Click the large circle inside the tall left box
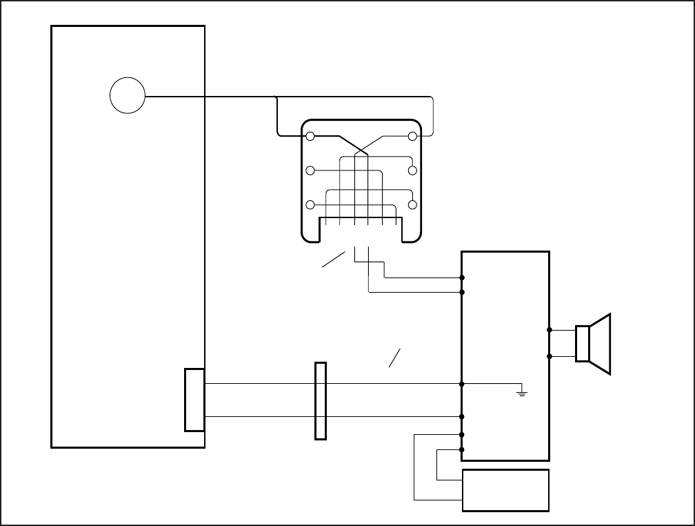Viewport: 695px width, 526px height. tap(128, 96)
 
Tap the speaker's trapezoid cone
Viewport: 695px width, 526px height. tap(600, 344)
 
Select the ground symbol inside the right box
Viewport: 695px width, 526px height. tap(522, 393)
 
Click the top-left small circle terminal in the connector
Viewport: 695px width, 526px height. tap(310, 137)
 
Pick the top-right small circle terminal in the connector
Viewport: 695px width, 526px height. tap(413, 137)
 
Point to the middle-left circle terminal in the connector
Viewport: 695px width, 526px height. tap(310, 171)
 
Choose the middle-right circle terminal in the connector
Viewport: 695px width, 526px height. tap(413, 171)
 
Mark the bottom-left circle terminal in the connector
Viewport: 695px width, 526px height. tap(310, 205)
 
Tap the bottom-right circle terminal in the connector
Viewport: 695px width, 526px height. tap(413, 205)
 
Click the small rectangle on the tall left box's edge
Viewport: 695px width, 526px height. tap(194, 400)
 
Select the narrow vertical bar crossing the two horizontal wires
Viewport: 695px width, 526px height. tap(320, 400)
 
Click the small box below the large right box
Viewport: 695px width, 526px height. tap(505, 490)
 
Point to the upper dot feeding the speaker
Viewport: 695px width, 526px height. tap(550, 330)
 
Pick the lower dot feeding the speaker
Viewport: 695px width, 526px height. tap(550, 356)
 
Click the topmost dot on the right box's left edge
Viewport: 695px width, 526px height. tap(461, 277)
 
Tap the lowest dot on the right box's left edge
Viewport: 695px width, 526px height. tap(461, 449)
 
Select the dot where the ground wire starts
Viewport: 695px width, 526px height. tap(461, 383)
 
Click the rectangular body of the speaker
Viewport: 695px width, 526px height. tap(582, 343)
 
